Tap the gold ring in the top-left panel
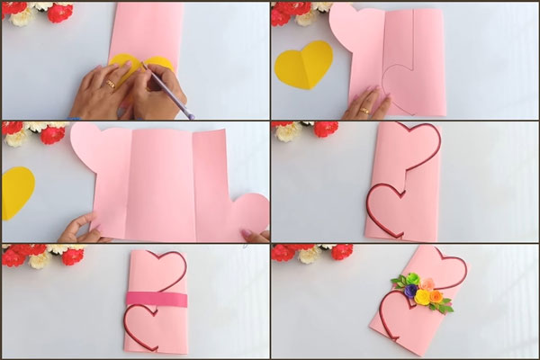[111, 84]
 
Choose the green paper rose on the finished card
[412, 280]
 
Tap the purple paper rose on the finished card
[410, 292]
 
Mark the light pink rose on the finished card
[428, 283]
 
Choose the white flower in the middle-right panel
[287, 131]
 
